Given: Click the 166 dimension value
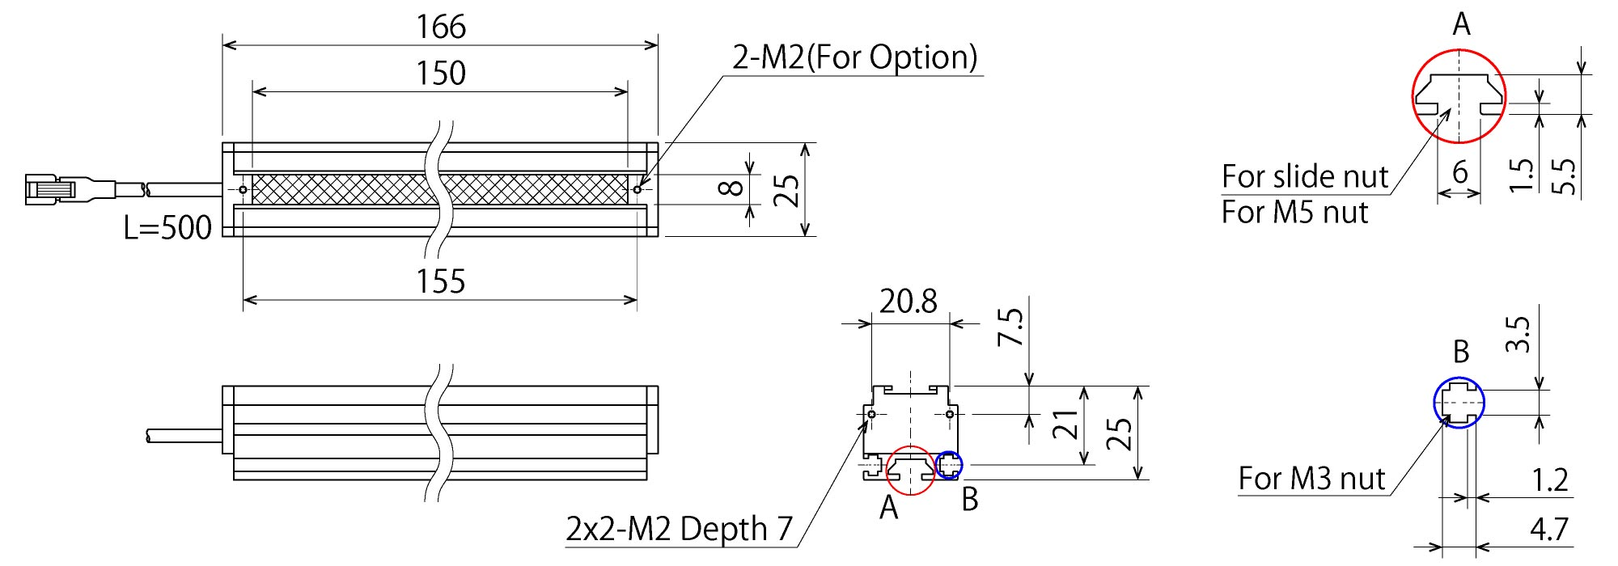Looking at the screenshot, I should (441, 27).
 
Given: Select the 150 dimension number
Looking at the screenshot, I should (441, 74).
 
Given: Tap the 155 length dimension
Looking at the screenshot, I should (441, 281).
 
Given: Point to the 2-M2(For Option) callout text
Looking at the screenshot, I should (855, 57).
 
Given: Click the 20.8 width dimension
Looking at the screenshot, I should (908, 302).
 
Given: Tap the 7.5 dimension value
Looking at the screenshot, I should (1011, 327).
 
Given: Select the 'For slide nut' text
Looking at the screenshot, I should (1304, 176).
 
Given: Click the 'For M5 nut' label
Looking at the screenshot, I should (1294, 213).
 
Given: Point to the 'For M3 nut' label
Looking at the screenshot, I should (1311, 479).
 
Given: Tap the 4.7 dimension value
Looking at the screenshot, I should (1548, 530).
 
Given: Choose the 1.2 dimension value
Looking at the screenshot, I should (1549, 480).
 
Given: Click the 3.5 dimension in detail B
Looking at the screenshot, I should (1519, 334).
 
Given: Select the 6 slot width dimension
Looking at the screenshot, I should (1459, 171).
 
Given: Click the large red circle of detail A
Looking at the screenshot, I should (1459, 96).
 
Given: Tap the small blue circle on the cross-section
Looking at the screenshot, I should (949, 465).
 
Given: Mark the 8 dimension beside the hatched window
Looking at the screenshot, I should (731, 188).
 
